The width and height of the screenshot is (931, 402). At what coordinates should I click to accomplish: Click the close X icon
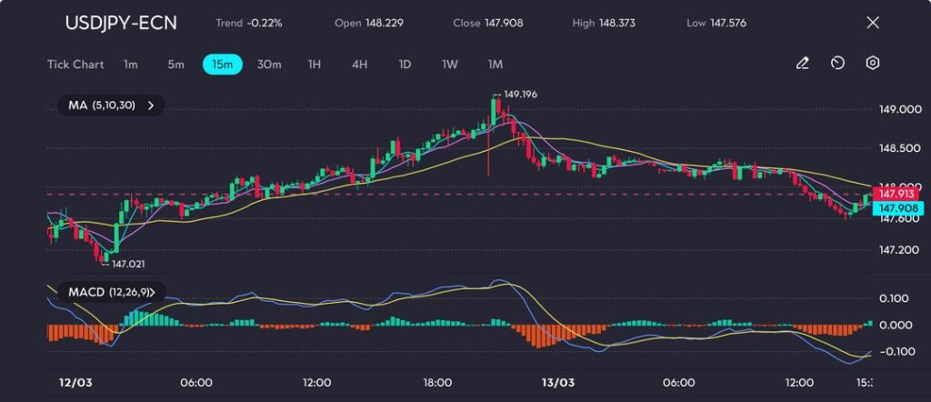873,23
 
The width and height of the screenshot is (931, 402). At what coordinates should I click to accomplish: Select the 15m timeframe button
222,64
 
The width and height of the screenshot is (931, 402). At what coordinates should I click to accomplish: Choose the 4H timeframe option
360,64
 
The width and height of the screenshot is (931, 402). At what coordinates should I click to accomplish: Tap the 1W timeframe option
449,64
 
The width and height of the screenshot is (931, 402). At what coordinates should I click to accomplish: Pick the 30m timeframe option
269,64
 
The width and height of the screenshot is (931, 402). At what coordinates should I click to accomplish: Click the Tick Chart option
75,64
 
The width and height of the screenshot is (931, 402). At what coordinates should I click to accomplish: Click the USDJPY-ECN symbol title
121,23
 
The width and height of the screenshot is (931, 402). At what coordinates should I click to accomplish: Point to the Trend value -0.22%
264,23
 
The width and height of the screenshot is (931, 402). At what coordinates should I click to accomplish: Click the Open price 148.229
385,23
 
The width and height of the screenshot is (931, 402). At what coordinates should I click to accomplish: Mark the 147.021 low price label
125,263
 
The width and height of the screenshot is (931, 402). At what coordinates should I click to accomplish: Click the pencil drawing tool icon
802,64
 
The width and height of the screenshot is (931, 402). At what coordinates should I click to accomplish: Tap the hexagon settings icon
873,64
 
